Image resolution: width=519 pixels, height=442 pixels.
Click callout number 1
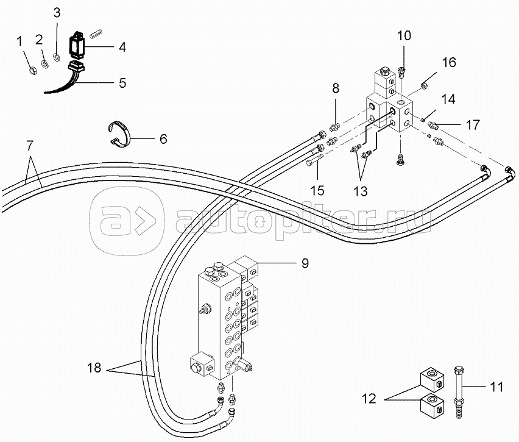click(x=19, y=41)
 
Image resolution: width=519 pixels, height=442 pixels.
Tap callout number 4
click(x=122, y=46)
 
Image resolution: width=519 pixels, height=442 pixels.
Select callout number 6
click(x=163, y=138)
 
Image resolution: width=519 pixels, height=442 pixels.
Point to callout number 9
click(x=305, y=263)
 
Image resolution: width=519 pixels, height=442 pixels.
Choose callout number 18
click(x=94, y=368)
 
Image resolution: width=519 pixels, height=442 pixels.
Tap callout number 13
click(x=360, y=191)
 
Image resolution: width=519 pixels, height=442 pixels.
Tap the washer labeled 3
click(x=57, y=57)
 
